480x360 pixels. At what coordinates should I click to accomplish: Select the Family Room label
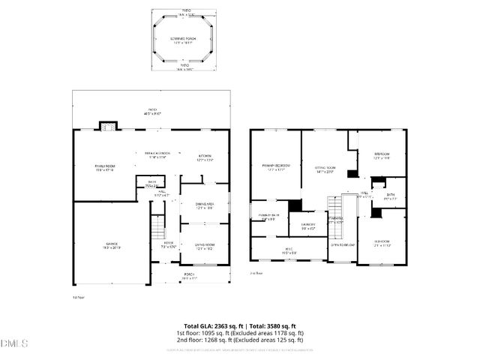[x=104, y=167]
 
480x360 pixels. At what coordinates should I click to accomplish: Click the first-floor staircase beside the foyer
[x=157, y=226]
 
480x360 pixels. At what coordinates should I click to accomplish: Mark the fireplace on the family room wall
[x=109, y=126]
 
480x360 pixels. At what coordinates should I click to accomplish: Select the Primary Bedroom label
[x=276, y=166]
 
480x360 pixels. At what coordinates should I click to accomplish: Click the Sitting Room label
[x=324, y=170]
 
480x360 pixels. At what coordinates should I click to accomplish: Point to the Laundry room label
[x=308, y=226]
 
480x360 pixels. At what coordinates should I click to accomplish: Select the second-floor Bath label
[x=391, y=196]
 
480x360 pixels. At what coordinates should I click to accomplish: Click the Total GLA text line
[x=239, y=326]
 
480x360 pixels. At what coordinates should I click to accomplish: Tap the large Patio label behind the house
[x=153, y=112]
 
